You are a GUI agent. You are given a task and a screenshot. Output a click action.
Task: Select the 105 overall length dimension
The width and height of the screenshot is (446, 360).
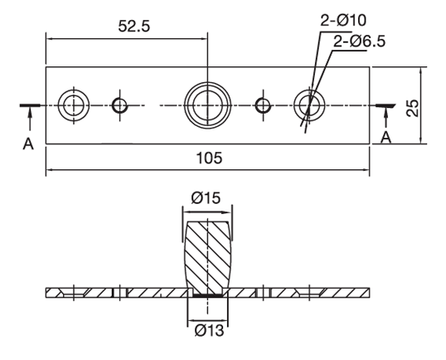click(207, 158)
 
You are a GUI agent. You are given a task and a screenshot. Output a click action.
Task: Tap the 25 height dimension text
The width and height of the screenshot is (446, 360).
click(412, 105)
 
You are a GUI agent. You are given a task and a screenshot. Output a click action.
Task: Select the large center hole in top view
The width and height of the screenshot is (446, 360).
click(206, 105)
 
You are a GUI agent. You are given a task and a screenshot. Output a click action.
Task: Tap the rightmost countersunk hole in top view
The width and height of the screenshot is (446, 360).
click(309, 105)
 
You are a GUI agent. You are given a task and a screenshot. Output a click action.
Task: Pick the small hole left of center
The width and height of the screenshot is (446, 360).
click(120, 105)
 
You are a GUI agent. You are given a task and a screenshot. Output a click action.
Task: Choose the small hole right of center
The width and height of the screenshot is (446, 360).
click(264, 105)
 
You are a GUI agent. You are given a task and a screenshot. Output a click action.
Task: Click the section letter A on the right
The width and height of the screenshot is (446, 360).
click(386, 138)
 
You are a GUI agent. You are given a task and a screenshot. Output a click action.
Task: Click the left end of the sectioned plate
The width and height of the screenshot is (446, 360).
click(51, 293)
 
